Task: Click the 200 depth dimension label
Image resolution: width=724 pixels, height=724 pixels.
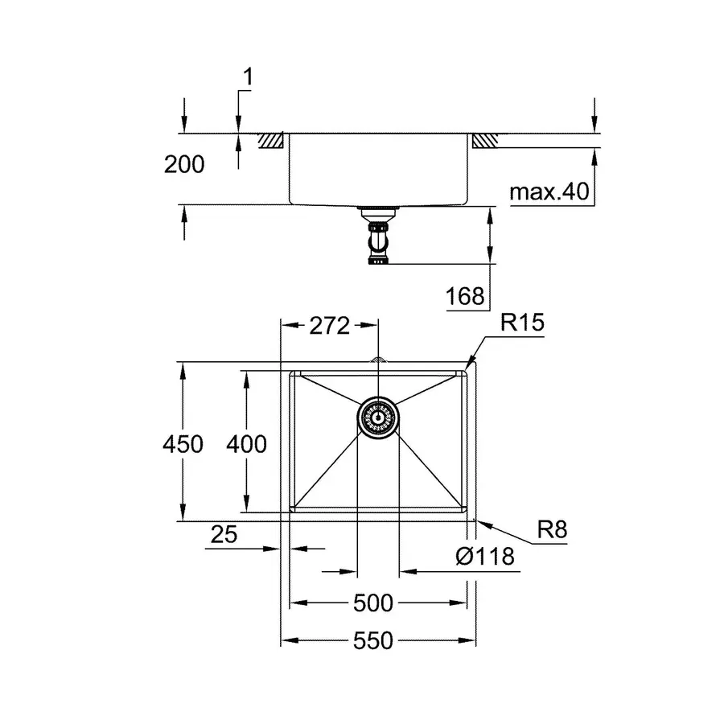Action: pos(184,165)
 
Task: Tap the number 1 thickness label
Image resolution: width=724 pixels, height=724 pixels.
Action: pos(249,77)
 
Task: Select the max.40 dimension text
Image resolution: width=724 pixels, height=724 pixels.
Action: pos(549,192)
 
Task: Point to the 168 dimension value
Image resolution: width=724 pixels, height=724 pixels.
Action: pos(467,296)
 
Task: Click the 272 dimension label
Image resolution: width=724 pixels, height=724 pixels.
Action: pos(330,326)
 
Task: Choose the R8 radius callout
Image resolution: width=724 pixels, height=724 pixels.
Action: pos(552,529)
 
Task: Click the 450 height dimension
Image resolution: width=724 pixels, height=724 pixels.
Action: pos(183,443)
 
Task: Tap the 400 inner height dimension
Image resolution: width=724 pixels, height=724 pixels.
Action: pos(246,443)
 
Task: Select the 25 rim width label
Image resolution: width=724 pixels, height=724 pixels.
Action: pos(225,535)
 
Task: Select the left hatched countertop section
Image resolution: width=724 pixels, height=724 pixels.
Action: pos(271,140)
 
